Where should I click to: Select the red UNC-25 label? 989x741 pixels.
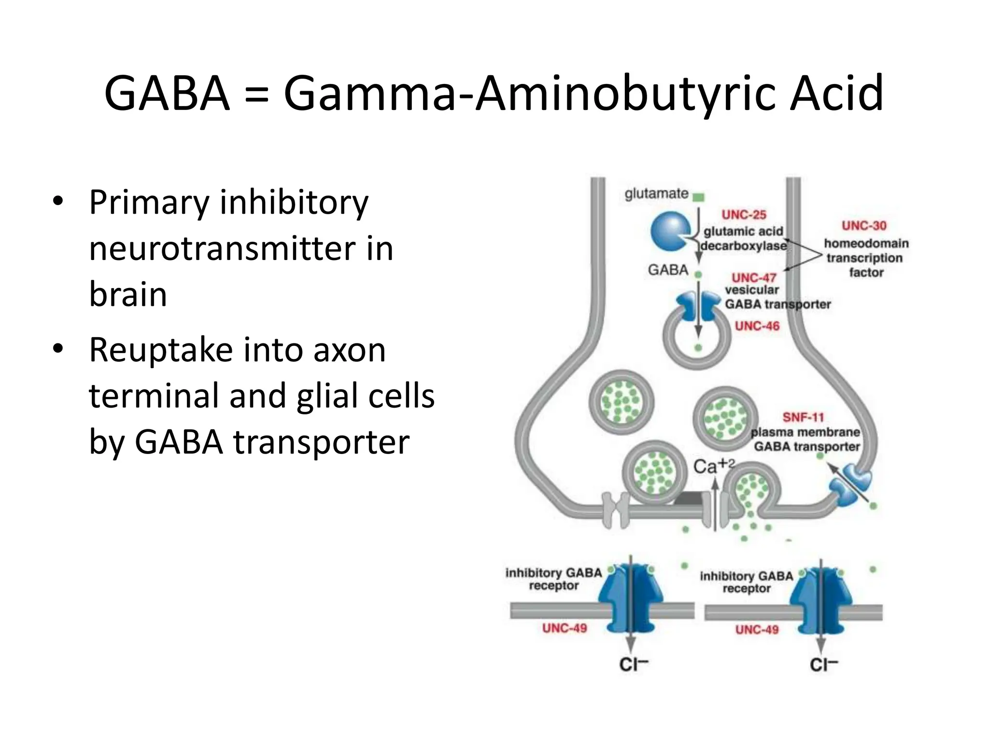click(744, 215)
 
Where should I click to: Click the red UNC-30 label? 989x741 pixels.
click(864, 226)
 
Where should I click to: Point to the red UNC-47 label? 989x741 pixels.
click(754, 278)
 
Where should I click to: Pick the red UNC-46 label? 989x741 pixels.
click(757, 326)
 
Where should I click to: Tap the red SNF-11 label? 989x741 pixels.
click(803, 417)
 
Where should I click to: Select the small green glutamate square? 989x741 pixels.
click(698, 197)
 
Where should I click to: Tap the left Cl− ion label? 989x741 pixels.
click(634, 665)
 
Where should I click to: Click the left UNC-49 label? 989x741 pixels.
click(565, 628)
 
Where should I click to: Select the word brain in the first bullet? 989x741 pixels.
click(128, 294)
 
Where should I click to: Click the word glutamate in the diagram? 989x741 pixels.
click(656, 194)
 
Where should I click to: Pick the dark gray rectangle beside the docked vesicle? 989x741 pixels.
click(689, 498)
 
